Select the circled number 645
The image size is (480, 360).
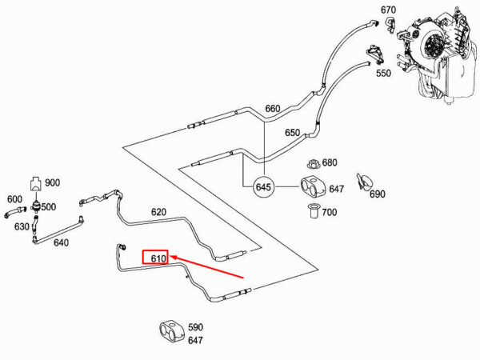[263, 188]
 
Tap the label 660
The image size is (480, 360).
[272, 109]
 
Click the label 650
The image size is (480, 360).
[292, 133]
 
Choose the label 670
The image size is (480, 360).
[388, 10]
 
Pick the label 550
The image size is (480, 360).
[383, 73]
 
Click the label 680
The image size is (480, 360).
[330, 162]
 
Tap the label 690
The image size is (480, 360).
[377, 194]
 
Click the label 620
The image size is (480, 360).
[158, 213]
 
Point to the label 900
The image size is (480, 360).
[52, 182]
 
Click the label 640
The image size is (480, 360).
[61, 243]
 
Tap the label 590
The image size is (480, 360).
[195, 327]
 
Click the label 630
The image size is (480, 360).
[22, 226]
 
